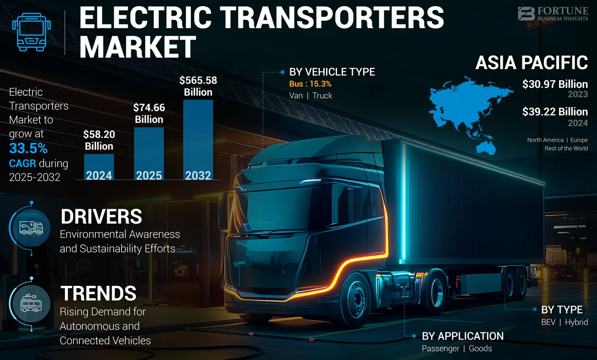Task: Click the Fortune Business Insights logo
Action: click(x=552, y=13)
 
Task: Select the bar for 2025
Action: click(x=149, y=153)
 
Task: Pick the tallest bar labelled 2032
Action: click(x=198, y=139)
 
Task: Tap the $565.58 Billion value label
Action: click(x=198, y=86)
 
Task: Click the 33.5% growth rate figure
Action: click(x=28, y=149)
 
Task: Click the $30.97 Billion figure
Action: click(x=555, y=84)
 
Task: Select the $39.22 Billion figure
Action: click(x=555, y=112)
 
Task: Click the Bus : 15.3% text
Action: click(x=310, y=84)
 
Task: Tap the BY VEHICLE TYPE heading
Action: click(x=332, y=72)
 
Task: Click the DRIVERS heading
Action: click(x=101, y=217)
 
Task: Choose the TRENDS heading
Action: click(x=98, y=293)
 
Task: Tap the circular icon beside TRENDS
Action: click(x=30, y=304)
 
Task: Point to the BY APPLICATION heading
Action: click(x=463, y=336)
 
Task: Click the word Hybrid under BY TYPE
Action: click(x=576, y=322)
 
